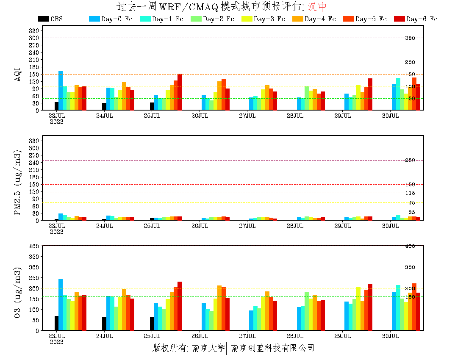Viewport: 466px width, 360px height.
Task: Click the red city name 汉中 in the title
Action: click(317, 7)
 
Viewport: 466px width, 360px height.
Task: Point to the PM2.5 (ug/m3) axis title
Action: click(17, 182)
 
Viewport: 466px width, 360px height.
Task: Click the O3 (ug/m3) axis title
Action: click(17, 292)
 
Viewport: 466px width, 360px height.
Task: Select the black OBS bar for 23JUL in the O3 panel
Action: click(56, 323)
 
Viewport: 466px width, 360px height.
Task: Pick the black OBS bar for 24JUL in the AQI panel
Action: click(104, 106)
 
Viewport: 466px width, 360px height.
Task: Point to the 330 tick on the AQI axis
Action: click(34, 30)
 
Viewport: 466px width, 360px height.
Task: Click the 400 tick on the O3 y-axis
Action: click(34, 246)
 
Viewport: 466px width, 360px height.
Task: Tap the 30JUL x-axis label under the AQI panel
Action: click(391, 116)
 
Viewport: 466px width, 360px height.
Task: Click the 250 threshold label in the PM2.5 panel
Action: click(410, 160)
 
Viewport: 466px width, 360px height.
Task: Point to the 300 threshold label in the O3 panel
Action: click(410, 267)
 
